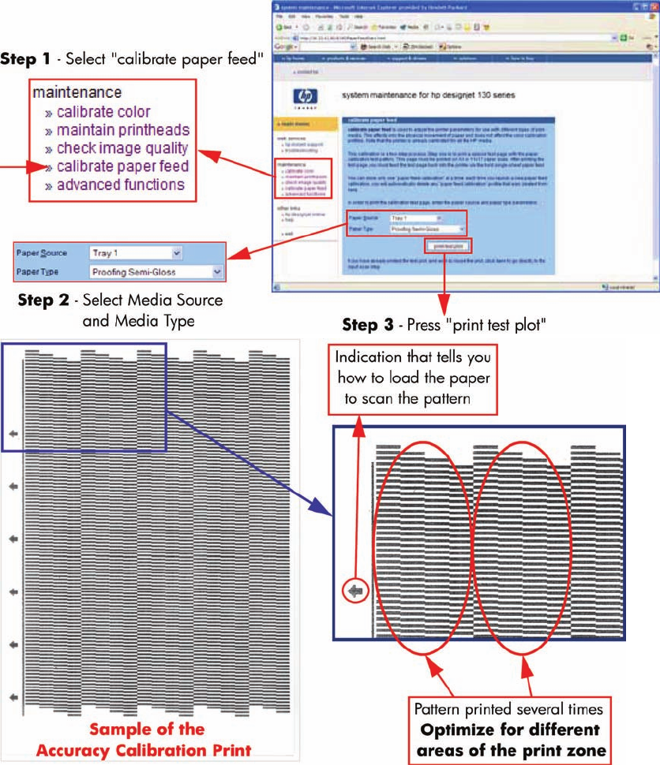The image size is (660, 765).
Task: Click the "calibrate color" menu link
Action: [103, 112]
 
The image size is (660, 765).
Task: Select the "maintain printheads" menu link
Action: [123, 130]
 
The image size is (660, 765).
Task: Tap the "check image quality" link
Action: [122, 148]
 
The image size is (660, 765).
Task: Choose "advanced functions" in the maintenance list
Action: [121, 185]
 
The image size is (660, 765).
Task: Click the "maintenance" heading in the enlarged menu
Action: [77, 93]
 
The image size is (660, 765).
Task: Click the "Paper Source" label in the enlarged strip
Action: [42, 253]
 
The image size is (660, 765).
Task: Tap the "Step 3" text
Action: [371, 325]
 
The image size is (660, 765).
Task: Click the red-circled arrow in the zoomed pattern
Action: [356, 591]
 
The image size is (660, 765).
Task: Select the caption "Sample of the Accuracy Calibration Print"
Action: [148, 739]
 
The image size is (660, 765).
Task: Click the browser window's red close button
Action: [653, 6]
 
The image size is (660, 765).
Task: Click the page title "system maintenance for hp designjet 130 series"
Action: [428, 95]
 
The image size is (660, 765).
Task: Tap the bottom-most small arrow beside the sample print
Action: [13, 697]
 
